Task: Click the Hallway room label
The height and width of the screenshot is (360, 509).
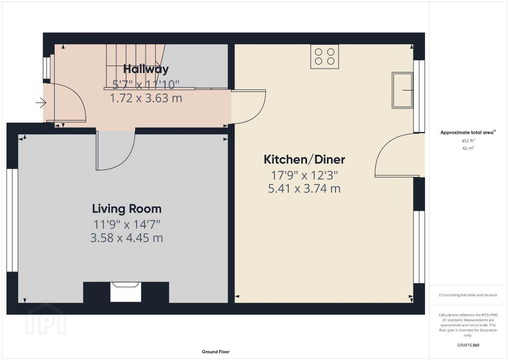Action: pos(146,69)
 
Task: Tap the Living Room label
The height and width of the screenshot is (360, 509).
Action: pos(127,209)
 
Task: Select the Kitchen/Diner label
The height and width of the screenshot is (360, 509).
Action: pos(304,160)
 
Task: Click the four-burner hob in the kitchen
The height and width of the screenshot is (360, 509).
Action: pos(325,57)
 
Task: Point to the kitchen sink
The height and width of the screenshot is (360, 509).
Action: pos(402,90)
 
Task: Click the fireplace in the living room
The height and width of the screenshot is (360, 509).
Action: pos(126,292)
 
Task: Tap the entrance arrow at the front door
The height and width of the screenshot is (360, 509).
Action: pos(41,103)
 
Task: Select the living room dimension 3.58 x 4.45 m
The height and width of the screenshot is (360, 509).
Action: pos(127,238)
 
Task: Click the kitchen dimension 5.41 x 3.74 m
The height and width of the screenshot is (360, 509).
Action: pos(304,188)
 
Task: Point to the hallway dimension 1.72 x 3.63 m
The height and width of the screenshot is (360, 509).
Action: pos(146,98)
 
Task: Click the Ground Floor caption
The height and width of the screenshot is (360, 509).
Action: pos(216,352)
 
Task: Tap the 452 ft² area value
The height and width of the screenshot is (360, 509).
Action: pos(468,141)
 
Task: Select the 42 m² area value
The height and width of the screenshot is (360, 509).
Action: pos(468,148)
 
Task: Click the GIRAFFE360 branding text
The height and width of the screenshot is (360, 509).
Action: pos(468,345)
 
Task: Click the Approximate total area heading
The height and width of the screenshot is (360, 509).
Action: pos(468,132)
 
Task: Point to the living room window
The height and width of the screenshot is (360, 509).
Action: pos(12,220)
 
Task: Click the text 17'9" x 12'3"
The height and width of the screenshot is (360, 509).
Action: pos(304,176)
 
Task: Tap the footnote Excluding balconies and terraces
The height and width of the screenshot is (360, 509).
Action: pos(468,295)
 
